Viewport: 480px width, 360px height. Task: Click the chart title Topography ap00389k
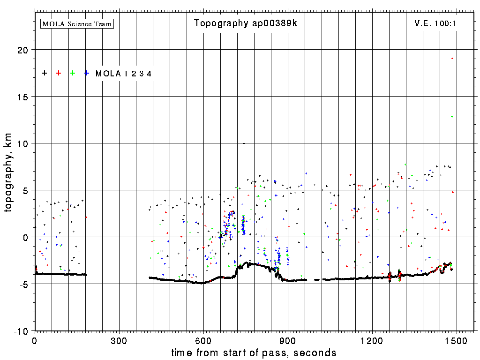[246, 23]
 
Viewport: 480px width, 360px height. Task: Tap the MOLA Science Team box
[77, 23]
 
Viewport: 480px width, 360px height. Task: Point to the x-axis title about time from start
[254, 352]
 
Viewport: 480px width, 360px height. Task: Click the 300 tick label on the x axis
[119, 340]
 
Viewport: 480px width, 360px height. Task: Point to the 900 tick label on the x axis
[288, 340]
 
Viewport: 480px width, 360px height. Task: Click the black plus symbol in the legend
[45, 73]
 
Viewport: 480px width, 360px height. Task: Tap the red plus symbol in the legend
[59, 73]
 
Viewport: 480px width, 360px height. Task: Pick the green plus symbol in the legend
[73, 73]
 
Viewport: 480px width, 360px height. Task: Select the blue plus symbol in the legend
[87, 73]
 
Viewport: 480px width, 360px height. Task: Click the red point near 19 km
[452, 58]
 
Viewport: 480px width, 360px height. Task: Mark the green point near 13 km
[452, 117]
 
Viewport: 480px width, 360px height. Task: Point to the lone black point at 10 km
[244, 143]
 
